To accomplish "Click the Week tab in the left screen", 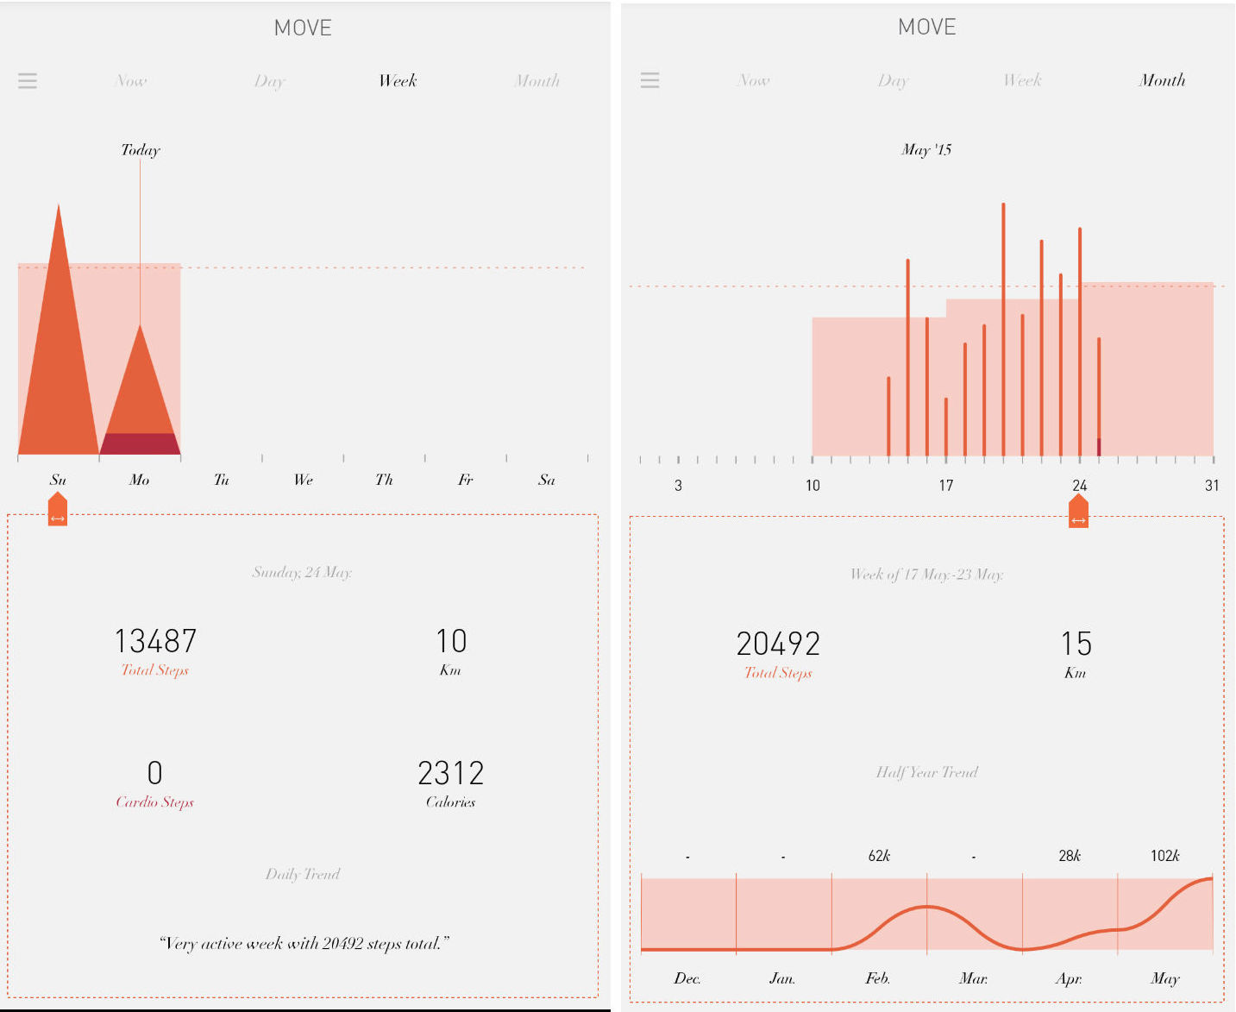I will (398, 81).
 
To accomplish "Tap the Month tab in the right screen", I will (1162, 80).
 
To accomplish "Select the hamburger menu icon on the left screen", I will (28, 81).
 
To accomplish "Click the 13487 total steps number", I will (155, 641).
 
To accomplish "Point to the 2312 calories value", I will (450, 773).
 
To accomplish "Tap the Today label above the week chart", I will (141, 150).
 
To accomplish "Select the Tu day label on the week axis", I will (222, 480).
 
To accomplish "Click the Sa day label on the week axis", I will (546, 480).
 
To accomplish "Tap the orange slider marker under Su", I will (58, 510).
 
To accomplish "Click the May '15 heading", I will (926, 150).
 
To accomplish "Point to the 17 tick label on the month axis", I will (946, 486).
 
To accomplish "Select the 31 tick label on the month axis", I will (1212, 486).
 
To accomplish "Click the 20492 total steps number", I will (778, 644).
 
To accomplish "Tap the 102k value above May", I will (1164, 856).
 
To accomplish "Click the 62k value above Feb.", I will (879, 856).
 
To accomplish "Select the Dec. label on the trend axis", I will (687, 978).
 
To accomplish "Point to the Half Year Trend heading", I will (927, 772).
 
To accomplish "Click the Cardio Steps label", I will (155, 802).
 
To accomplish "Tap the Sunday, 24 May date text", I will (302, 572).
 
